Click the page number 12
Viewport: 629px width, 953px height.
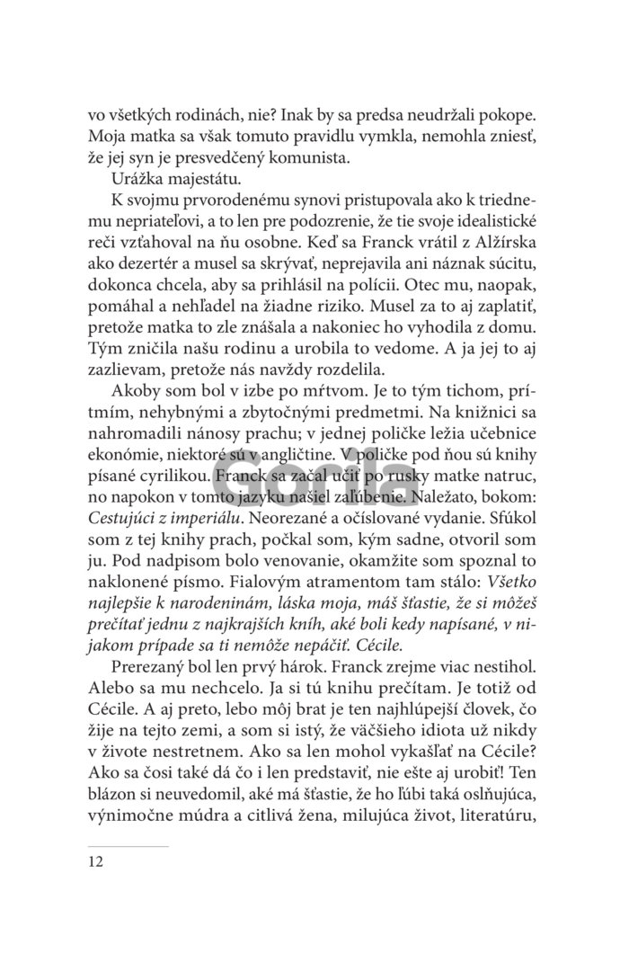pyautogui.click(x=96, y=862)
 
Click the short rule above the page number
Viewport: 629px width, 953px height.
pyautogui.click(x=128, y=846)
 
